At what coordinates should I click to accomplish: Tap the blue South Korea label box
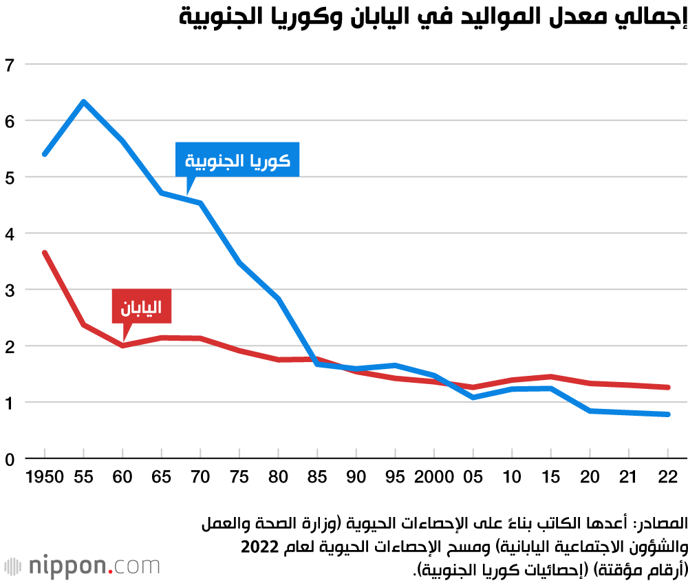[x=237, y=160]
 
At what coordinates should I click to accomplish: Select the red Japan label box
[x=141, y=306]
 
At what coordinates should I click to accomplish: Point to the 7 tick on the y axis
[x=9, y=65]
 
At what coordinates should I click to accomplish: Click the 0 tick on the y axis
[x=9, y=458]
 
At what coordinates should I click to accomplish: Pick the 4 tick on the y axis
[x=9, y=233]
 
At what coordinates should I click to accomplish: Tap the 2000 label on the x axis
[x=433, y=476]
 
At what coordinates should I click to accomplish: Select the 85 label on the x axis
[x=317, y=476]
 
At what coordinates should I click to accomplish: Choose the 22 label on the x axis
[x=667, y=476]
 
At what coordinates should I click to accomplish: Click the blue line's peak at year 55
[x=83, y=102]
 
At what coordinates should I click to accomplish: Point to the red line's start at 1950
[x=45, y=253]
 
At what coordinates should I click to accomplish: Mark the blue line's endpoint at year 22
[x=667, y=414]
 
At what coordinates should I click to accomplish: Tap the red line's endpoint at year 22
[x=667, y=388]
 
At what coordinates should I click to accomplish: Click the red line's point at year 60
[x=122, y=345]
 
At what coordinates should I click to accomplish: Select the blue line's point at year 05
[x=473, y=397]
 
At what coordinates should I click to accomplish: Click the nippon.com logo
[x=83, y=566]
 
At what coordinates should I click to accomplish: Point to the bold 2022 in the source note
[x=259, y=547]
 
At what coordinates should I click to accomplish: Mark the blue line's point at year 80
[x=278, y=299]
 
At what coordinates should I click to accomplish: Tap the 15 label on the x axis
[x=550, y=476]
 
